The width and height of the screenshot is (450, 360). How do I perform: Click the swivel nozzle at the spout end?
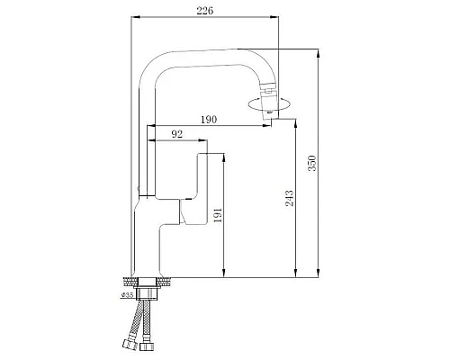(267, 95)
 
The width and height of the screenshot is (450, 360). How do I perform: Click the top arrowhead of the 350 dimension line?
(319, 51)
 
